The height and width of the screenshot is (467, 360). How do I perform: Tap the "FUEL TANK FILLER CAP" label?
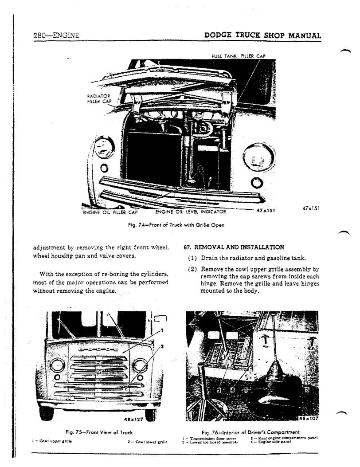tap(239, 56)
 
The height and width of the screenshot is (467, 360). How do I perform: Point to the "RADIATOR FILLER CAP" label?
tap(99, 98)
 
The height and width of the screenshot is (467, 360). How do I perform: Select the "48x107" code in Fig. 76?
tap(309, 418)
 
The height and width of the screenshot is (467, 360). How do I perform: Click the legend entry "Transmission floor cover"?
tap(207, 438)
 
